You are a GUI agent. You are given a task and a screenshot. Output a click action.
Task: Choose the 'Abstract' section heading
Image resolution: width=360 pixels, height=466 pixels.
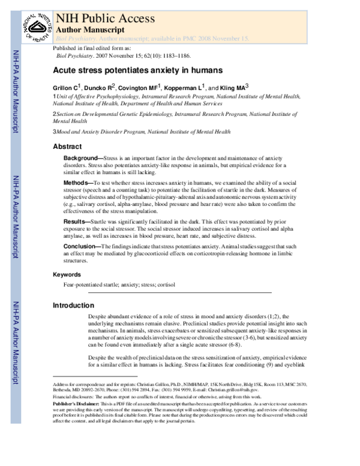pos(67,147)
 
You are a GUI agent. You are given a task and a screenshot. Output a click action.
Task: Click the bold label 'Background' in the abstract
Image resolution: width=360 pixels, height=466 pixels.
pos(83,157)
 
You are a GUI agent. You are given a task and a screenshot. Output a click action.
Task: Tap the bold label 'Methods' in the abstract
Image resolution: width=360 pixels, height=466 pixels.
pos(79,182)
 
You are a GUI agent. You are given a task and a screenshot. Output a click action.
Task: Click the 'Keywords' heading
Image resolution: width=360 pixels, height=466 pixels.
pos(67,274)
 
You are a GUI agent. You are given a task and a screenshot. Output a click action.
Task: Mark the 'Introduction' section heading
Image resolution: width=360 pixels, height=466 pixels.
pos(74,306)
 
